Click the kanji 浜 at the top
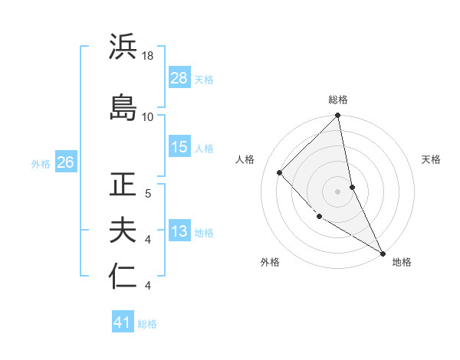pos(123,47)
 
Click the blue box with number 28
pos(179,78)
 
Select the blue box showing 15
pos(179,147)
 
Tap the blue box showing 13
pos(179,231)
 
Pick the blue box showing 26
pos(65,162)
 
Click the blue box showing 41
pos(123,322)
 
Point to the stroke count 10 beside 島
pos(148,116)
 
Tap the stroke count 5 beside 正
pos(148,193)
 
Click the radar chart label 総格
pos(338,100)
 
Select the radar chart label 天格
pos(432,159)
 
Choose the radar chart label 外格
pos(270,262)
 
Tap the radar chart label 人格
pos(245,159)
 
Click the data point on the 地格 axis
pos(383,252)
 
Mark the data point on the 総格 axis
pos(338,116)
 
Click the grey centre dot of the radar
pos(337,191)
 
